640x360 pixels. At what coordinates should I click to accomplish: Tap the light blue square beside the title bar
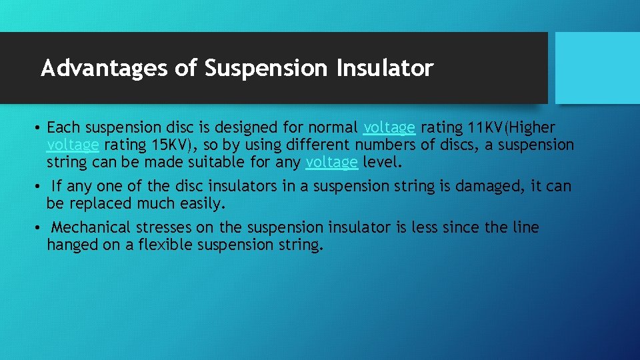[x=597, y=68]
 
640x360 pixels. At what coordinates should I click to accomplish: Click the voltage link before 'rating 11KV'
[x=389, y=127]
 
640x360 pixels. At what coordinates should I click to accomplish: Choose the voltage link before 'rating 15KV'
[x=73, y=145]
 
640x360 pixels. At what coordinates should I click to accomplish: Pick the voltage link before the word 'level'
[x=331, y=162]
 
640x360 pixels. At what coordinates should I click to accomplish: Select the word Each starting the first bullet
[x=63, y=127]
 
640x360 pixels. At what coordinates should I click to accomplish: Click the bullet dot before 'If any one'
[x=40, y=187]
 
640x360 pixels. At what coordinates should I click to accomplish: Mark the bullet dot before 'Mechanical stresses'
[x=40, y=228]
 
